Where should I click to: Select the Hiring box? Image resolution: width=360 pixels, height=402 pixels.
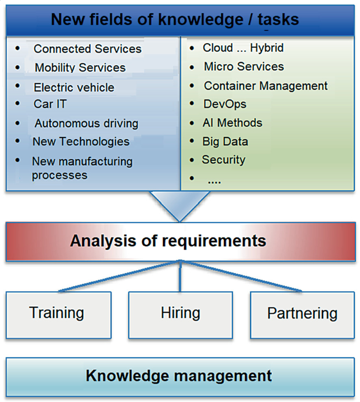coord(180,314)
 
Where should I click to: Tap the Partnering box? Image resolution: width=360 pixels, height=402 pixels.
coord(302,314)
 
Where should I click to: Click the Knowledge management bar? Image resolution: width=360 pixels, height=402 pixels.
coord(180,376)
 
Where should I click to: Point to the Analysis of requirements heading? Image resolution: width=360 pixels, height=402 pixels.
coord(168,241)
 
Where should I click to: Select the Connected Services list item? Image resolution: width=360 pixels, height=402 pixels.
coord(87,49)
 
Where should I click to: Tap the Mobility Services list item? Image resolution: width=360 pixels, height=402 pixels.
coord(80,68)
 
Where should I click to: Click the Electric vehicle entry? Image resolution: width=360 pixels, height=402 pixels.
coord(74,87)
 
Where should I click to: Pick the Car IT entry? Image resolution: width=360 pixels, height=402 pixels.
coord(50,104)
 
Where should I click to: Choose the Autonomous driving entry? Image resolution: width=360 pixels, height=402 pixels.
coord(86,123)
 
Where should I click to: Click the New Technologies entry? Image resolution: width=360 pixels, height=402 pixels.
coord(80,141)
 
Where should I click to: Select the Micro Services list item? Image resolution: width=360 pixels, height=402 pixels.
coord(243,67)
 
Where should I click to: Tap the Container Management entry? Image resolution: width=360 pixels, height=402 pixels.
coord(265,86)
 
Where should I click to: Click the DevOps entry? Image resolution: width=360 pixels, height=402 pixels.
coord(225,104)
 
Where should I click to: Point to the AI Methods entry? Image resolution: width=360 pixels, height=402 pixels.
coord(232,123)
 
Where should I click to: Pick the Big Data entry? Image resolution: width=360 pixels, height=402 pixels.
coord(225,141)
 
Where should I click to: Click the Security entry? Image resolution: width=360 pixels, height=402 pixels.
coord(223,159)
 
